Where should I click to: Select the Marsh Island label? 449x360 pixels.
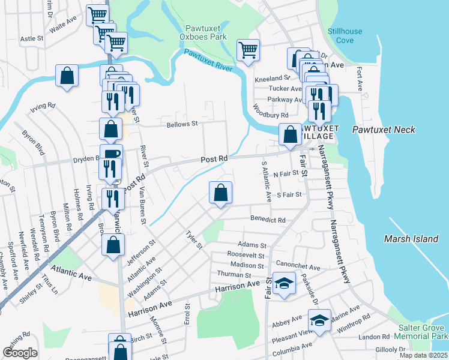(411, 239)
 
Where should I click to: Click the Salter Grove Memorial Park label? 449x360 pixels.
(423, 332)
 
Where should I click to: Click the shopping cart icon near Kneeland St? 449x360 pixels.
(248, 50)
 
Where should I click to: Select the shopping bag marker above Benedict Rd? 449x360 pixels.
(221, 193)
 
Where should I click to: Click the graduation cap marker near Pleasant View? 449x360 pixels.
(320, 319)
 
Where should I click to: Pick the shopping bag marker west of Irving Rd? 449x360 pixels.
(67, 76)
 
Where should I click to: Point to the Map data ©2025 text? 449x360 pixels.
(423, 355)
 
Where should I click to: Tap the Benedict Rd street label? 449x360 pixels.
(268, 220)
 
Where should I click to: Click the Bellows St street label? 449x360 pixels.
(181, 124)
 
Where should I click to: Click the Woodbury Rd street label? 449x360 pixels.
(271, 112)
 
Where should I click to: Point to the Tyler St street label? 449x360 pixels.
(194, 241)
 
